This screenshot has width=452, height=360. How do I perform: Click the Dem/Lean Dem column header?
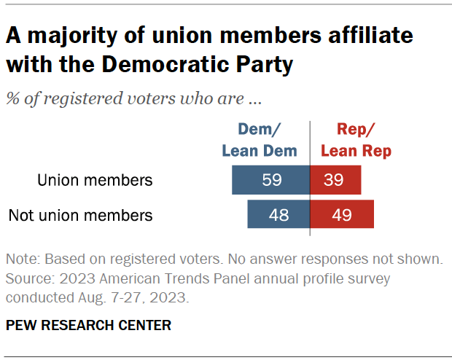coord(260,140)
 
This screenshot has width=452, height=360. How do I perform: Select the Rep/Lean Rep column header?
coord(356,140)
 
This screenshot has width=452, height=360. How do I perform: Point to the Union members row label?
coord(95,180)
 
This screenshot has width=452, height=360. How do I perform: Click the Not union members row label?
coord(80,215)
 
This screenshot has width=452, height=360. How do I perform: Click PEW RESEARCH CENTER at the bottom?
coord(88,325)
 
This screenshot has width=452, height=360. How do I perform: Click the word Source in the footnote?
coord(27,278)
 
